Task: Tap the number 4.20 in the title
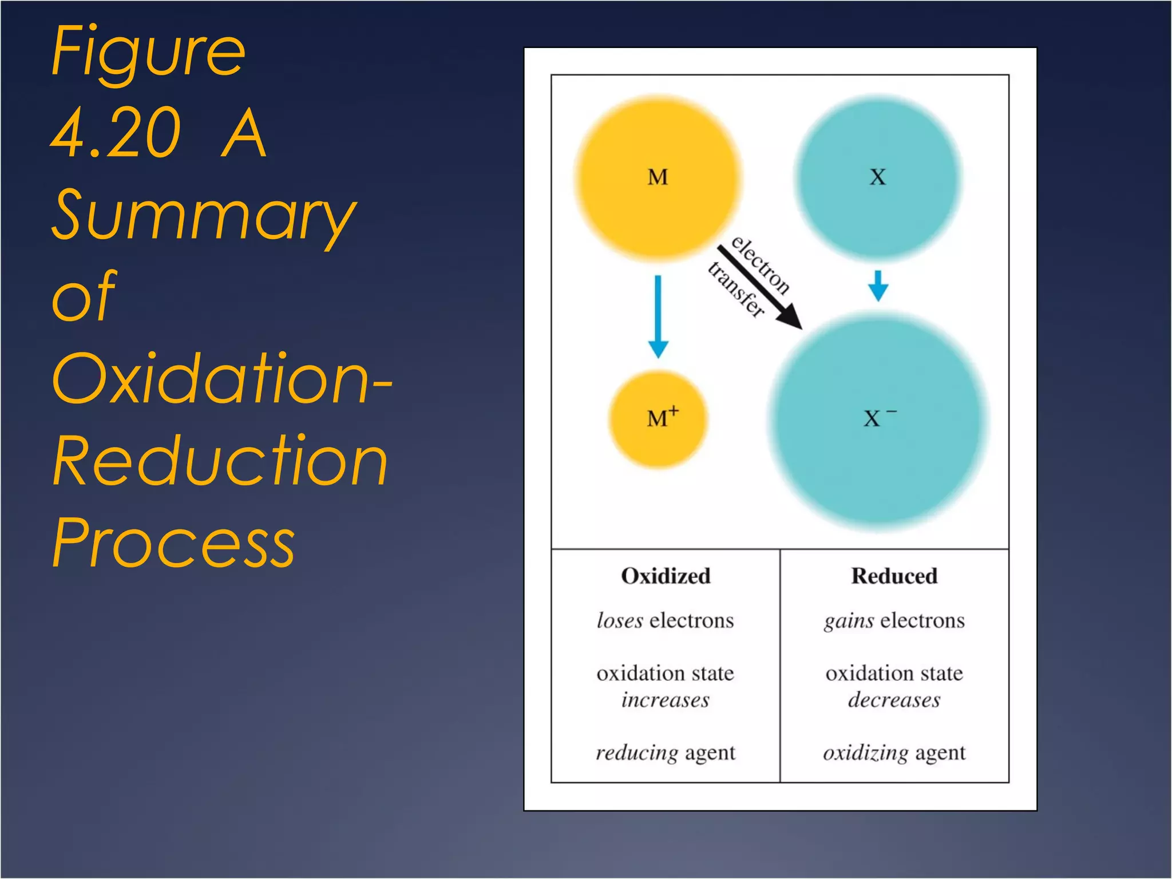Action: (x=117, y=133)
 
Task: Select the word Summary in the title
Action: (x=203, y=215)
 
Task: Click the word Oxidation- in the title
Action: (x=221, y=379)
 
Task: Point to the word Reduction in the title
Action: (x=220, y=461)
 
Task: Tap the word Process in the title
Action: (x=173, y=543)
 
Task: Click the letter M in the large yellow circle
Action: (x=658, y=177)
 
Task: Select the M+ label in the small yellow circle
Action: (x=662, y=418)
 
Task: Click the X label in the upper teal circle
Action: (x=877, y=177)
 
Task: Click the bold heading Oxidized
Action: (x=666, y=576)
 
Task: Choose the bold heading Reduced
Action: (x=894, y=576)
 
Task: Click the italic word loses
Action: (x=620, y=621)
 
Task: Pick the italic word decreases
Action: (x=894, y=700)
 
